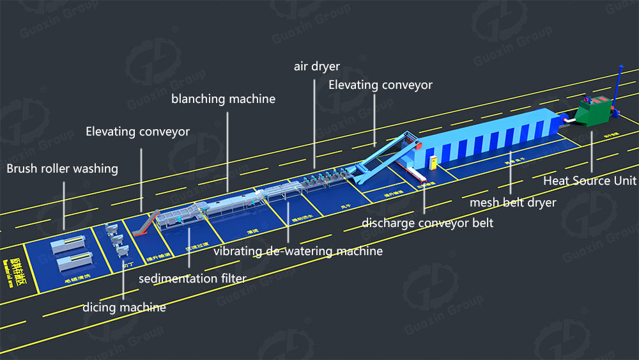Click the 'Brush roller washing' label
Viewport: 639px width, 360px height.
(x=62, y=169)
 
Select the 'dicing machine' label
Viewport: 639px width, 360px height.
(x=124, y=308)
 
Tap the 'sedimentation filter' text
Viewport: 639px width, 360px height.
(x=192, y=278)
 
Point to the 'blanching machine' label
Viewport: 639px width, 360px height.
(x=223, y=99)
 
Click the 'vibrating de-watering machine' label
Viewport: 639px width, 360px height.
(x=298, y=251)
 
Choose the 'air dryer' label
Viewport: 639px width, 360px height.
(x=316, y=66)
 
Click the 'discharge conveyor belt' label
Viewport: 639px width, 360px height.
(x=427, y=223)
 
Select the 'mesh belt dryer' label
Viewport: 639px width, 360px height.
(x=512, y=203)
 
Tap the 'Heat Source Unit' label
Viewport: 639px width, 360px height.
(x=590, y=181)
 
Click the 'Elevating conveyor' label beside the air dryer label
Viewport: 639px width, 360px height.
(x=380, y=85)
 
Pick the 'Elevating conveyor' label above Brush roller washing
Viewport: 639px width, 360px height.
(x=138, y=132)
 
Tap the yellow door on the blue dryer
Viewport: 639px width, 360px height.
(x=435, y=163)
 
